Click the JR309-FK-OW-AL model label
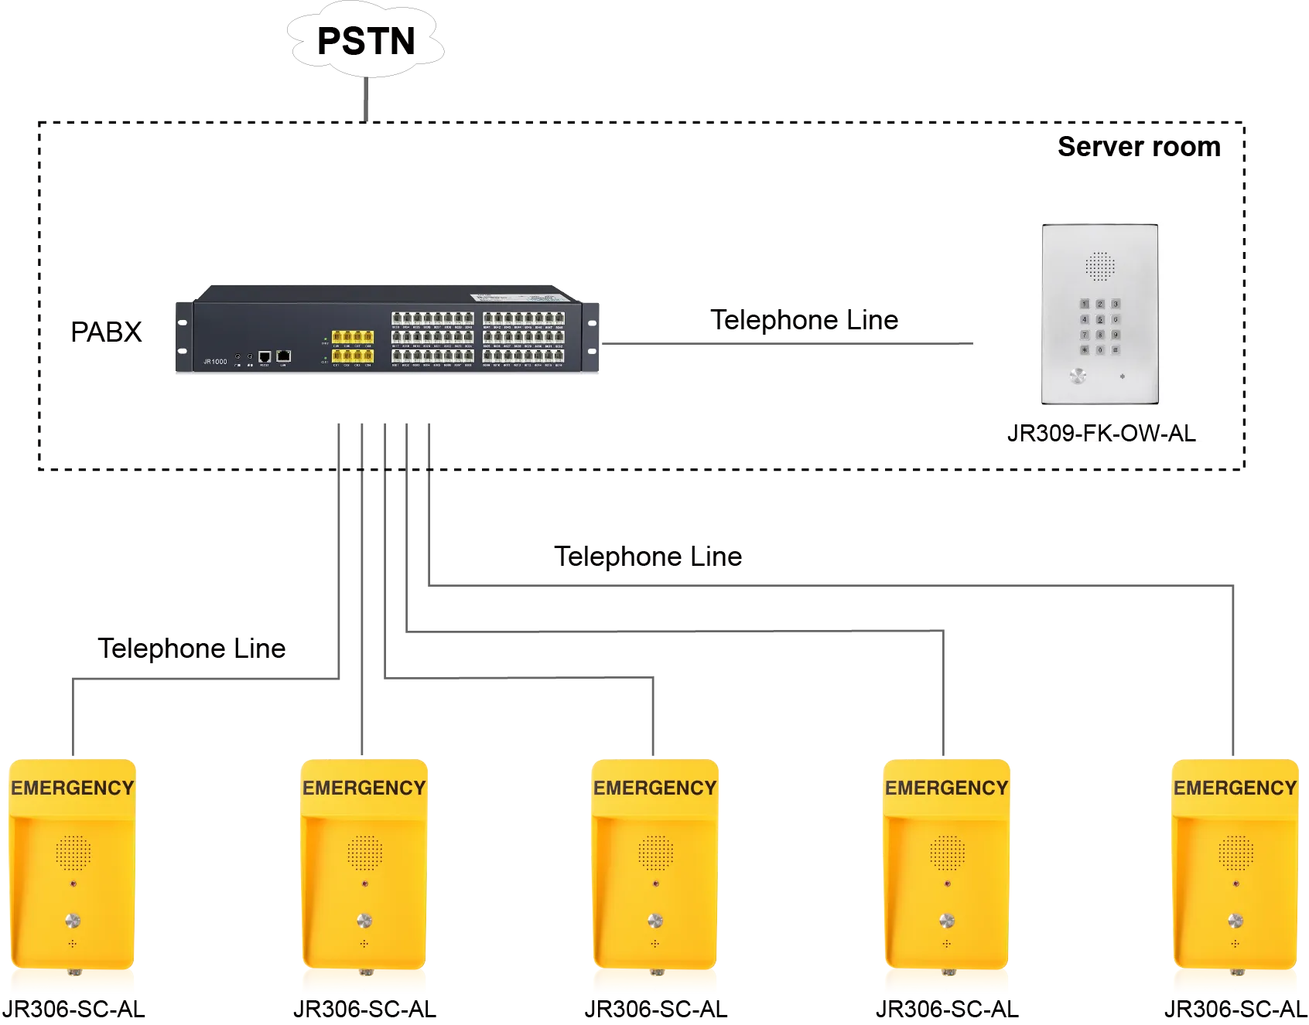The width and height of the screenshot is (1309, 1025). pyautogui.click(x=1101, y=433)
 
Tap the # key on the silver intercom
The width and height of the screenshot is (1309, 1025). pyautogui.click(x=1116, y=350)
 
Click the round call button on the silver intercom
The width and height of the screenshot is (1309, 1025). pyautogui.click(x=1078, y=376)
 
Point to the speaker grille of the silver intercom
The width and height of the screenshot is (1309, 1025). pyautogui.click(x=1099, y=266)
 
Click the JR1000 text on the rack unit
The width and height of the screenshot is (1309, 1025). pyautogui.click(x=215, y=362)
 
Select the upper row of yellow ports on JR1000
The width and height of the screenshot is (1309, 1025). pyautogui.click(x=353, y=337)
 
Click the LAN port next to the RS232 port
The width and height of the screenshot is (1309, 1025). pyautogui.click(x=283, y=356)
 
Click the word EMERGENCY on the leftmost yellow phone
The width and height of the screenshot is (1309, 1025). pyautogui.click(x=73, y=788)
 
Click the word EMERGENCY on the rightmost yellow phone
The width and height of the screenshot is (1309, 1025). pyautogui.click(x=1235, y=788)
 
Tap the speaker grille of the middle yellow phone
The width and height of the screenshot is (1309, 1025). pyautogui.click(x=655, y=853)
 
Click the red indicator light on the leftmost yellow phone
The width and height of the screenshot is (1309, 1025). pyautogui.click(x=73, y=883)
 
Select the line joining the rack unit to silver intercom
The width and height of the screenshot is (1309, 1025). pyautogui.click(x=785, y=342)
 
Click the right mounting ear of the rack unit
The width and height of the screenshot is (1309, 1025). pyautogui.click(x=593, y=337)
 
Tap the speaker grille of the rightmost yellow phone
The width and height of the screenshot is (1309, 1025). pyautogui.click(x=1236, y=853)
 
